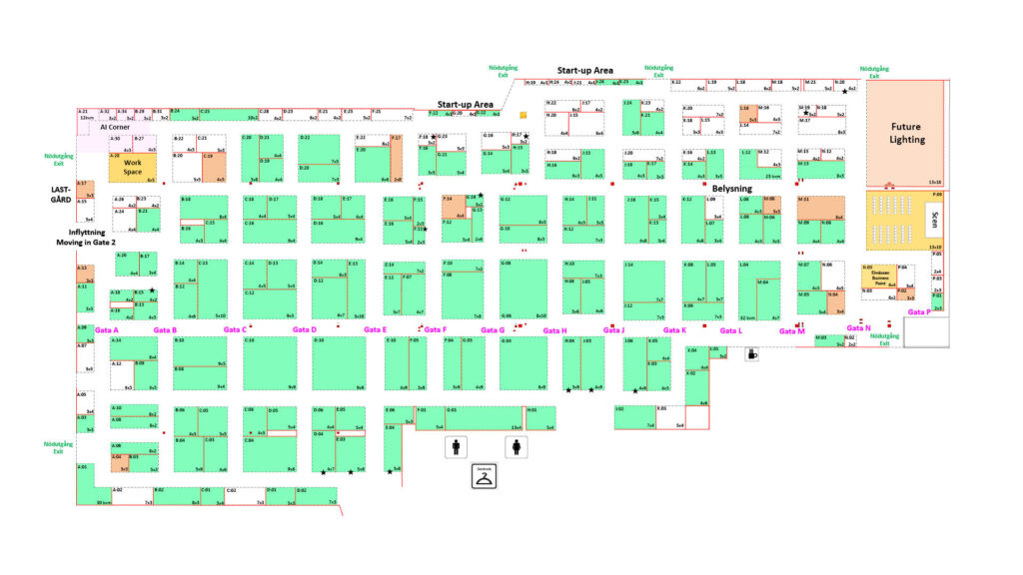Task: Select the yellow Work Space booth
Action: click(x=133, y=167)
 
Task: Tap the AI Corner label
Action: click(x=115, y=128)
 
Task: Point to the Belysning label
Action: click(x=731, y=188)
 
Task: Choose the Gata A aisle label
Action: click(x=107, y=329)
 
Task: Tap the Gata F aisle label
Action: click(x=436, y=329)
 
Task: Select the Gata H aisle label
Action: click(x=555, y=330)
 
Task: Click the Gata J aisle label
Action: click(x=613, y=329)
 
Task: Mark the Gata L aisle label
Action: click(x=732, y=330)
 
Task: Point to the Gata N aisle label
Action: click(x=858, y=327)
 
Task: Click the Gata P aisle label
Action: click(x=919, y=312)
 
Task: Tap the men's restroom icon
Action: click(x=457, y=447)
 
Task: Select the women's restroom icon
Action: click(x=516, y=447)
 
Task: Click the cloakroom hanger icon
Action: click(x=485, y=477)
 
